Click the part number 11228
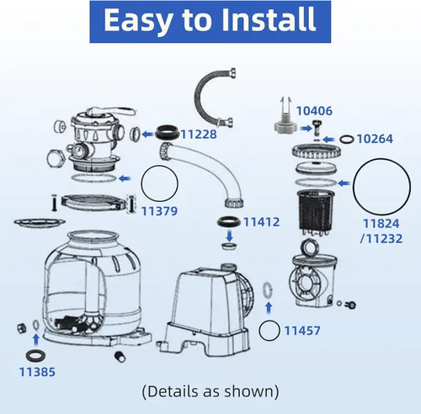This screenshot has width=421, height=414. (199, 134)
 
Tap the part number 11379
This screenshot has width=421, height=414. (159, 211)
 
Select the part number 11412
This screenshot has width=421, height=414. (261, 222)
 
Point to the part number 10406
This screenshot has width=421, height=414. (314, 111)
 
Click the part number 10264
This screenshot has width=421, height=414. (375, 139)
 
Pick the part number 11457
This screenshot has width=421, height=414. (302, 331)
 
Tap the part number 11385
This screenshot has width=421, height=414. (37, 372)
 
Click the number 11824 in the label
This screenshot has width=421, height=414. (381, 224)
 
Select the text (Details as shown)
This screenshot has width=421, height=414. (210, 391)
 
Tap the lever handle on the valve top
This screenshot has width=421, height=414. (111, 112)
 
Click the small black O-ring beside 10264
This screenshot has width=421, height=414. (347, 140)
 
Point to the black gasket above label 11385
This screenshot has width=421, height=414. (35, 356)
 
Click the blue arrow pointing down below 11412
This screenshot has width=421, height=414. (230, 236)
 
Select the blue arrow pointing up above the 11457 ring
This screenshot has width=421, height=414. (269, 308)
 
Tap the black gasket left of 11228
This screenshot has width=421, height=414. (168, 132)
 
